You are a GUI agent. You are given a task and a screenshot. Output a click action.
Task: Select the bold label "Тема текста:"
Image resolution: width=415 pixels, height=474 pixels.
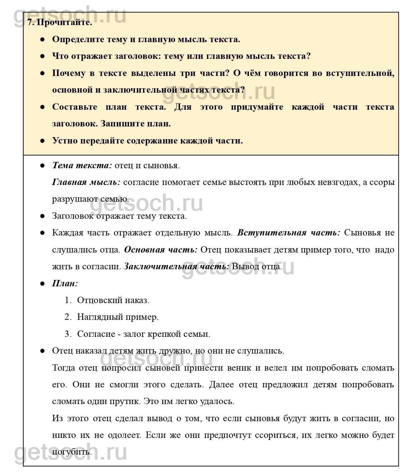[x=82, y=165]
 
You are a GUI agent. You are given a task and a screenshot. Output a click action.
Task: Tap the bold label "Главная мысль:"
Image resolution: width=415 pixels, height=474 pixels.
[x=86, y=182]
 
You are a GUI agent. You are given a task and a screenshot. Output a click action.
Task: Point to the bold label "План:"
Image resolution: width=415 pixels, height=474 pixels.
[x=65, y=283]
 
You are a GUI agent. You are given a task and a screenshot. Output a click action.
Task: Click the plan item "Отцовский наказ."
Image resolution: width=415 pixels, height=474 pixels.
[x=113, y=300]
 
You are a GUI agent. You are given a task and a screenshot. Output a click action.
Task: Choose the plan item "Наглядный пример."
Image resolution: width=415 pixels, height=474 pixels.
[x=118, y=317]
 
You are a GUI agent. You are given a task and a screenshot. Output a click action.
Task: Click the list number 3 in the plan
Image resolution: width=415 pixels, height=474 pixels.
[x=68, y=334]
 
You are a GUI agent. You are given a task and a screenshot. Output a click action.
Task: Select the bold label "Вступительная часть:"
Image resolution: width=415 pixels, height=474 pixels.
[x=288, y=233]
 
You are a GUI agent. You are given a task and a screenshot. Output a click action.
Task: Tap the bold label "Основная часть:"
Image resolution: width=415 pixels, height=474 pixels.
[x=161, y=250]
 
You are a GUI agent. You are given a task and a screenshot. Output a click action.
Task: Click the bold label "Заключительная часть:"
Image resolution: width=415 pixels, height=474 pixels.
[x=176, y=267]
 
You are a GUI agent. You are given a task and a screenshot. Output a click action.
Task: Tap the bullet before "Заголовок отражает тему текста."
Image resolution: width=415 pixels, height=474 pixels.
[x=42, y=216]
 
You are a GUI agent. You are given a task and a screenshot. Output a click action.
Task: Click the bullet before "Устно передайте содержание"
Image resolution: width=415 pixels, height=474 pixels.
[x=42, y=141]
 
